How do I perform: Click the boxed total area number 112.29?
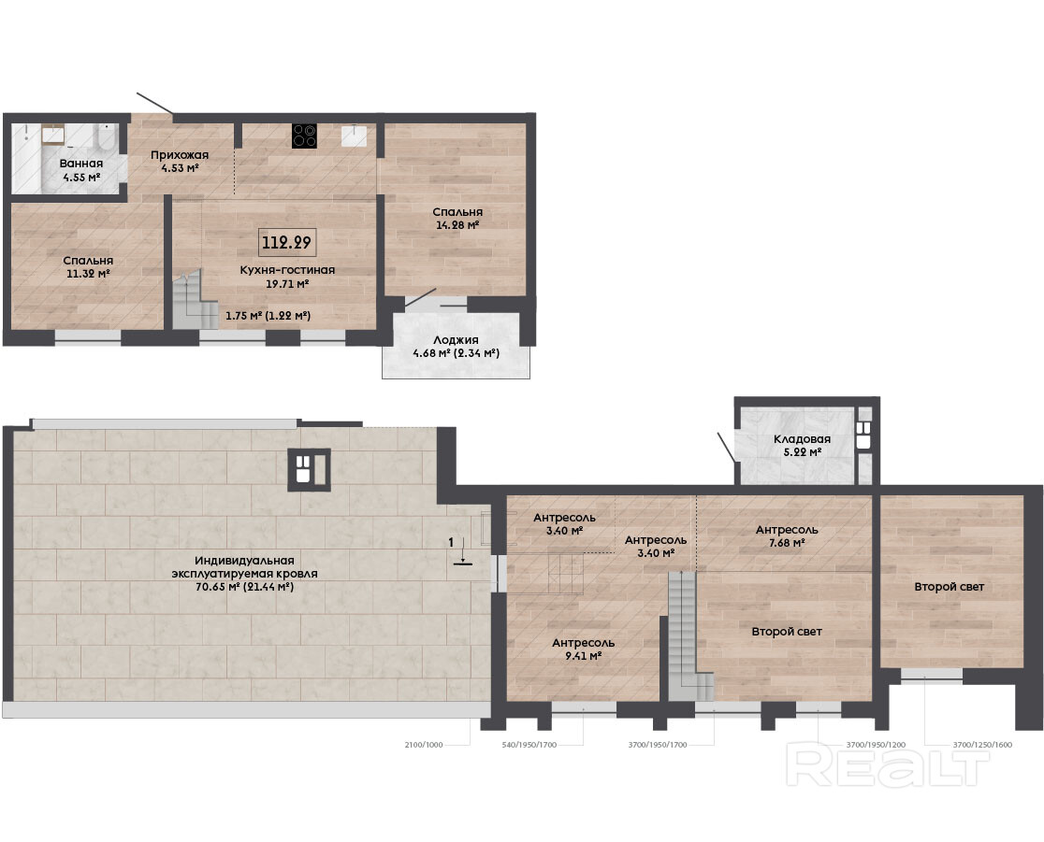click(x=287, y=242)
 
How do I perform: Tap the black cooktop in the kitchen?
click(x=304, y=136)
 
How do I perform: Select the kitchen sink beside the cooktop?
click(x=354, y=135)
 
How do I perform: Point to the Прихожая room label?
click(x=180, y=155)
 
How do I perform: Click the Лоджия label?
click(x=457, y=340)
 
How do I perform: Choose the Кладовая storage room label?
click(x=802, y=439)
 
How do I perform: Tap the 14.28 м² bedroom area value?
click(x=457, y=225)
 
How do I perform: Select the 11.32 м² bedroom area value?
click(x=88, y=274)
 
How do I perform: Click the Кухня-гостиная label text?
click(x=287, y=270)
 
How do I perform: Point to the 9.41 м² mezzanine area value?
click(x=583, y=656)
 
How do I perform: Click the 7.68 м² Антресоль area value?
click(x=787, y=543)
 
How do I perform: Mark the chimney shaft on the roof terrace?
click(x=309, y=470)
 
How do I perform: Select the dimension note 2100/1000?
click(x=424, y=745)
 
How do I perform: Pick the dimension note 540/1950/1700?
click(x=529, y=745)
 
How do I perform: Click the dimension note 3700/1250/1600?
click(x=982, y=745)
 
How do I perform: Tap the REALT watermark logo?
click(x=887, y=766)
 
